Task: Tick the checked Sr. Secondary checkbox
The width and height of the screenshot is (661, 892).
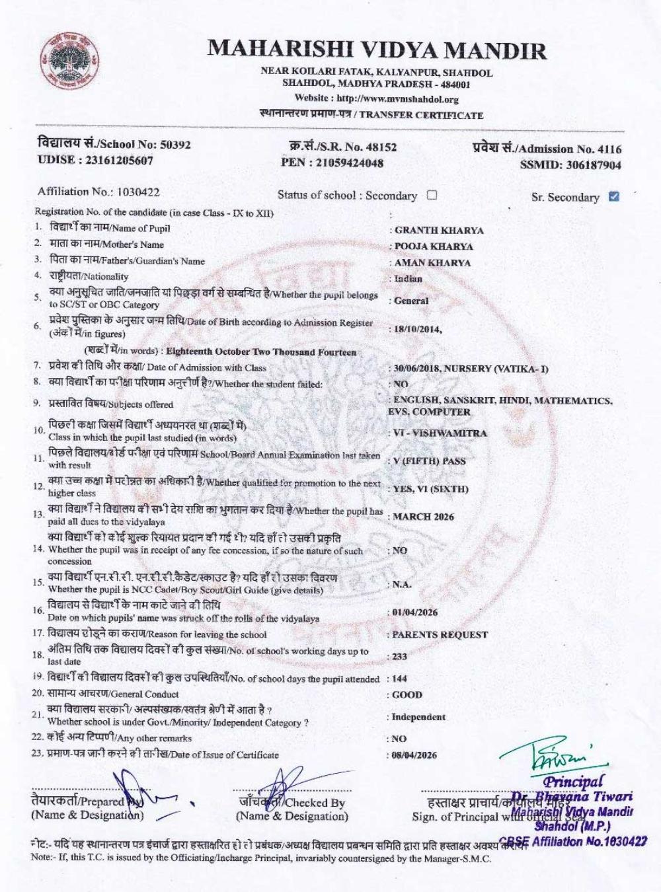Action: (x=613, y=196)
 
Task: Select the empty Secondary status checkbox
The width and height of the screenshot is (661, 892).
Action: (x=432, y=195)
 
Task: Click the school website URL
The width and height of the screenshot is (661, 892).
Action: (x=395, y=99)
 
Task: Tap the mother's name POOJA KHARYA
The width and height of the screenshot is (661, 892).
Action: (x=434, y=246)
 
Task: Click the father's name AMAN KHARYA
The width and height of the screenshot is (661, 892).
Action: (x=432, y=262)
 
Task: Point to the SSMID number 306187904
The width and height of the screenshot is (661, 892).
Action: (x=593, y=165)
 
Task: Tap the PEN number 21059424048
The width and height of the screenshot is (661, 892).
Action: (x=349, y=163)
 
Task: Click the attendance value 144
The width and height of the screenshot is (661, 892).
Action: (x=399, y=679)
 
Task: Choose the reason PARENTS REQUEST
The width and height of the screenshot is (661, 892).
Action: (x=440, y=635)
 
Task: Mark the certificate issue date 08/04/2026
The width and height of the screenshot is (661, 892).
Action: (x=414, y=755)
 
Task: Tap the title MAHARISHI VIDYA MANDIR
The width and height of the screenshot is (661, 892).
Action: (x=377, y=50)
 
